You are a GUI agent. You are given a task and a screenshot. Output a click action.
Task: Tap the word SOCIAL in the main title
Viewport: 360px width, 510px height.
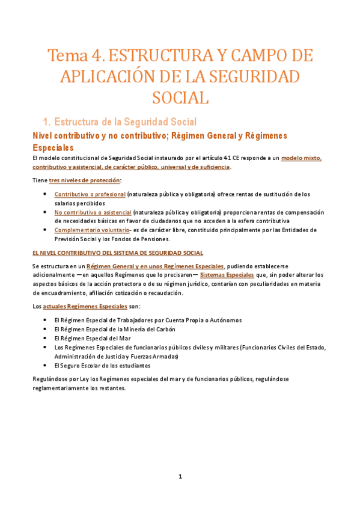pyautogui.click(x=180, y=97)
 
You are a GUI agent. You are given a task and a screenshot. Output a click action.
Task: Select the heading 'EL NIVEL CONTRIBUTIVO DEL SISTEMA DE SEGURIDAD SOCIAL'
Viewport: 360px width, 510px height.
pyautogui.click(x=117, y=253)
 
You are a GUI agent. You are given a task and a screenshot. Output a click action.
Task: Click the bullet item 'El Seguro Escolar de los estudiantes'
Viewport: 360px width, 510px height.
pyautogui.click(x=102, y=365)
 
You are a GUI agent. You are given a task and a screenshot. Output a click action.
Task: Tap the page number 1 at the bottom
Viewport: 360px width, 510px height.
pyautogui.click(x=180, y=477)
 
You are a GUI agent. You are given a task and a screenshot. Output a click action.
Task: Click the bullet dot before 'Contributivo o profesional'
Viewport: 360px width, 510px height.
pyautogui.click(x=47, y=194)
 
